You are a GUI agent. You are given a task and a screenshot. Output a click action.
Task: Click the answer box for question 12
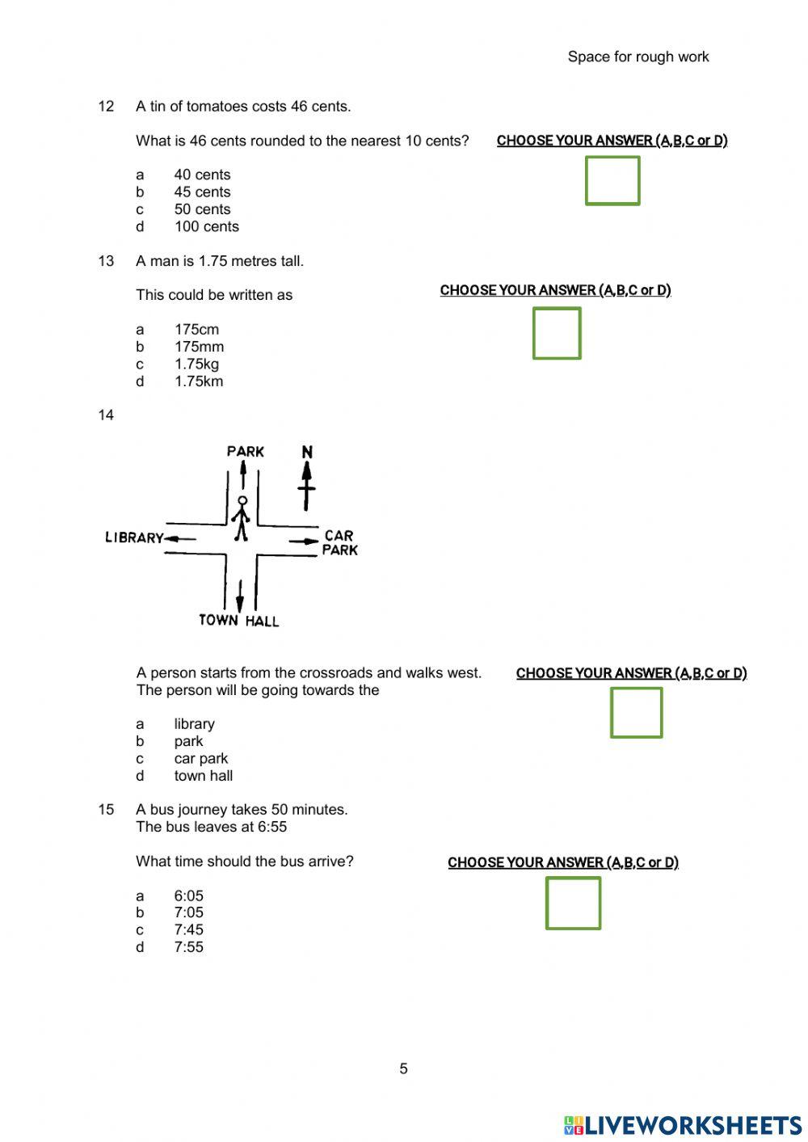tap(612, 181)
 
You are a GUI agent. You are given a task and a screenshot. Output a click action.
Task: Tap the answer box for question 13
tap(557, 333)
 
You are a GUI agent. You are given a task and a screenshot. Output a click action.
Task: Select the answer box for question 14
tap(636, 713)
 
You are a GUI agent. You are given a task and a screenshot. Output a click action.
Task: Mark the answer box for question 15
tap(573, 904)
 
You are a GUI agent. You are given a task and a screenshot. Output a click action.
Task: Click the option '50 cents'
tap(202, 209)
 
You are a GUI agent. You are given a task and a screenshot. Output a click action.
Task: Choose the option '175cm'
tap(196, 330)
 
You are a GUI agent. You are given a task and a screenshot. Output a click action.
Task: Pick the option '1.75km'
tap(199, 381)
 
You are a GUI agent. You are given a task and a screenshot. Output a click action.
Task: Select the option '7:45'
tap(188, 930)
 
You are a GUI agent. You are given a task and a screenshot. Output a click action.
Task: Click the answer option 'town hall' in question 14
tap(203, 776)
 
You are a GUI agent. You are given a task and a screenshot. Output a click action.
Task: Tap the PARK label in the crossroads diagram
tap(245, 451)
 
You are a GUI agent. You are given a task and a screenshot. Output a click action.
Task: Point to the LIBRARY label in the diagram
tap(134, 537)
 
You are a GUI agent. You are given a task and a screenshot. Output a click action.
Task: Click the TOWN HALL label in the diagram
tap(238, 621)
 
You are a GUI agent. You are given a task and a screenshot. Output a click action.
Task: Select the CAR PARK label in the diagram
tap(339, 542)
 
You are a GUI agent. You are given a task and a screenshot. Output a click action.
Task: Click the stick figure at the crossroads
tap(241, 519)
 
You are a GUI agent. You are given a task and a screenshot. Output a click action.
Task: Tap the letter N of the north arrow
tap(307, 452)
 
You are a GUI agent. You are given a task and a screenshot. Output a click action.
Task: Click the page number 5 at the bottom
tap(403, 1068)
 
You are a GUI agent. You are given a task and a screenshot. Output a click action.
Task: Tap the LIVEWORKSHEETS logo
tap(683, 1125)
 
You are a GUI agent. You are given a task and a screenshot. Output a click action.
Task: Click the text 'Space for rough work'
tap(638, 57)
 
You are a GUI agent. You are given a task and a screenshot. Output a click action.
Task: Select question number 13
tap(106, 261)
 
